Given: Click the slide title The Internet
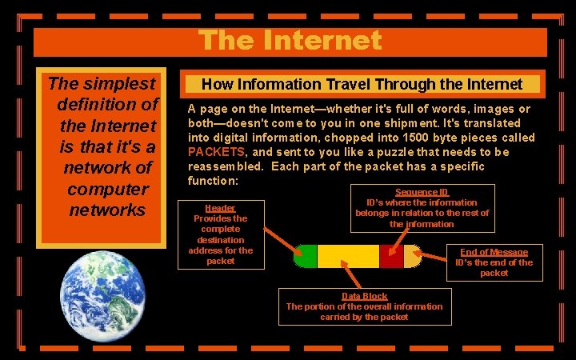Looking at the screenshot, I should click(290, 41).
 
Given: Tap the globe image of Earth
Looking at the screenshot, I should click(103, 297).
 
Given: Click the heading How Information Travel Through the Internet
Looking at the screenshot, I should click(362, 84).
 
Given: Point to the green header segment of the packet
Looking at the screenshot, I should click(306, 256).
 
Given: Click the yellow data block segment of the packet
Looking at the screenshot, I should click(348, 256).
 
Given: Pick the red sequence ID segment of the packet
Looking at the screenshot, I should click(391, 256).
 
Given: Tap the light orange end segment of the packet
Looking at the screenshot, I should click(412, 256).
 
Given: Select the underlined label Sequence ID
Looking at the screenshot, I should click(422, 192).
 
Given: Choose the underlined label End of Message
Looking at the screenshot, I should click(494, 252).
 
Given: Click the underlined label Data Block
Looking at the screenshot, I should click(364, 296).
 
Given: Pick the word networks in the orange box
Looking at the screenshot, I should click(106, 210).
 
